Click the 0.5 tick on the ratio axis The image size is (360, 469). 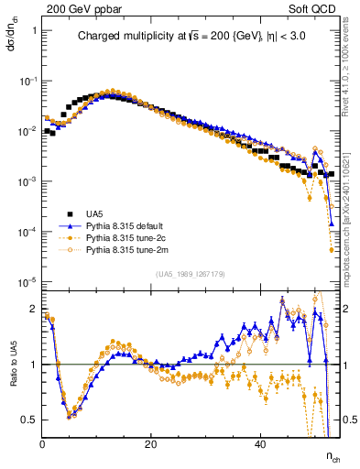30,420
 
